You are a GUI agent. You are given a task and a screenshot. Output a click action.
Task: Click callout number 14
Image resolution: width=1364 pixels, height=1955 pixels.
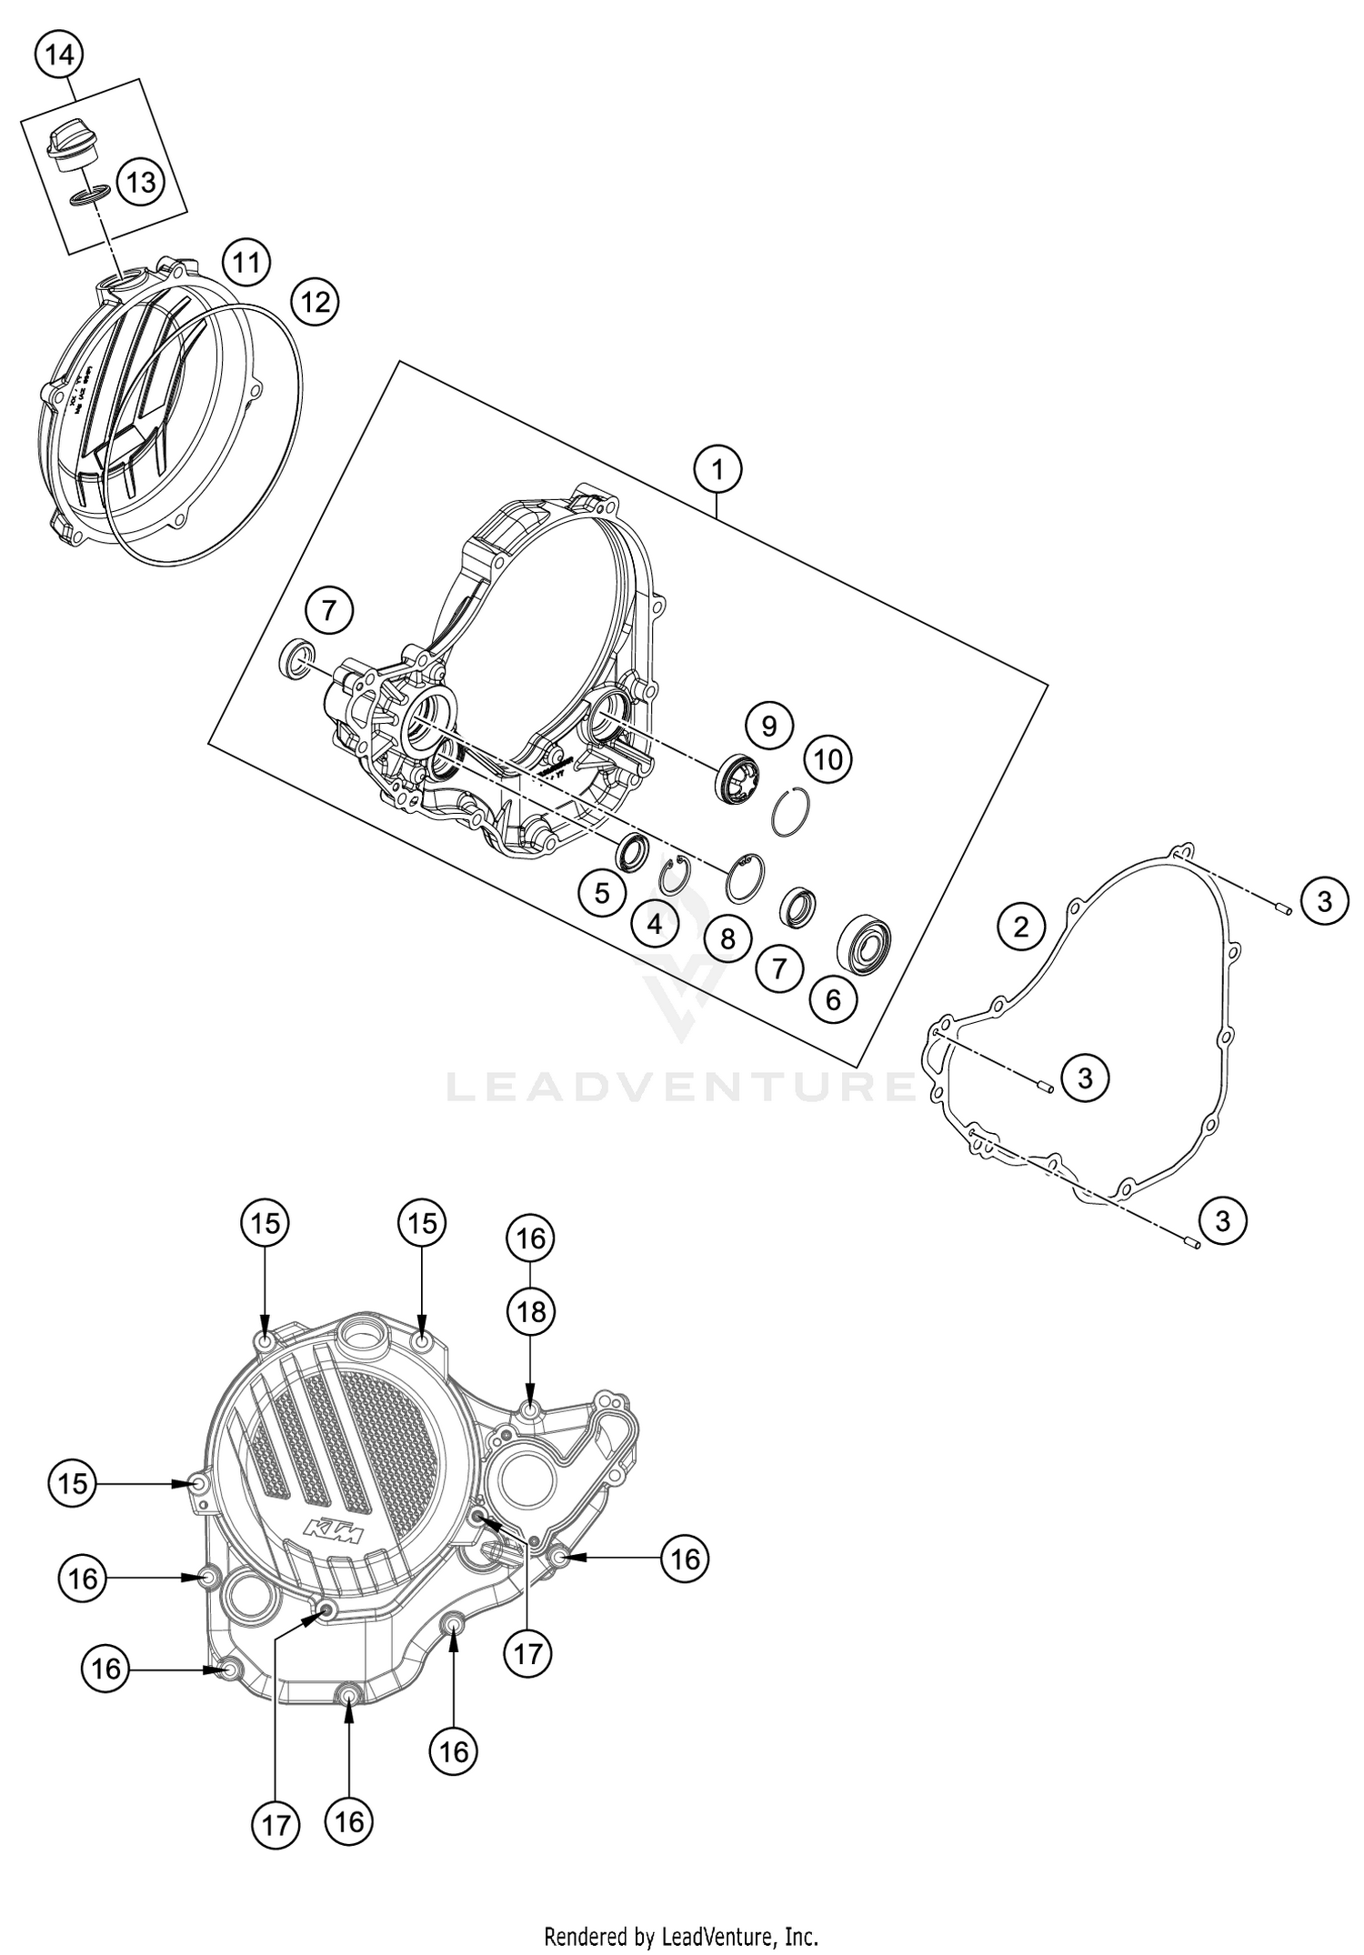(x=58, y=55)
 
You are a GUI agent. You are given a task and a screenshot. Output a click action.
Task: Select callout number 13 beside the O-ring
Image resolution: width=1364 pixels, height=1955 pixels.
(x=141, y=183)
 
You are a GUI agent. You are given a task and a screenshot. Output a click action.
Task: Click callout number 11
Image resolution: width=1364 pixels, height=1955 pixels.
(x=246, y=264)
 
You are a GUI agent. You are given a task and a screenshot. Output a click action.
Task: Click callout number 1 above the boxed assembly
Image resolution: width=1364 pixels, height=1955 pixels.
(x=717, y=470)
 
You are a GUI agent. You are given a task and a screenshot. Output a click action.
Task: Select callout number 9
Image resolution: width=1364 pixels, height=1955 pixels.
(x=768, y=726)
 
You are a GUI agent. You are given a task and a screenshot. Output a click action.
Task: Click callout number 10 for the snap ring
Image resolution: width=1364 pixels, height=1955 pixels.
(x=827, y=758)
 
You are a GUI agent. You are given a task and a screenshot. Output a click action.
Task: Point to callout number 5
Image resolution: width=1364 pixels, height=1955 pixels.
(x=602, y=893)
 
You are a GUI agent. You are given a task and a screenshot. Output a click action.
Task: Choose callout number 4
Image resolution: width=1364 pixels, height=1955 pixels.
(x=655, y=925)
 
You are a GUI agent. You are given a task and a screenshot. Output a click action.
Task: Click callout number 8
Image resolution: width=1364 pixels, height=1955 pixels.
(x=727, y=937)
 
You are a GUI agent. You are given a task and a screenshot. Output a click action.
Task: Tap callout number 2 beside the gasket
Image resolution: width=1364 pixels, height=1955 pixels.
(x=1021, y=927)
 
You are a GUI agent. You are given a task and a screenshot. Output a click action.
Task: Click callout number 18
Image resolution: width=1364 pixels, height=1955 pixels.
(x=531, y=1311)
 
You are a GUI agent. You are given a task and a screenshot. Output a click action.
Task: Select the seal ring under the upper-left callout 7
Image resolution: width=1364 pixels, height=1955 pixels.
(x=297, y=658)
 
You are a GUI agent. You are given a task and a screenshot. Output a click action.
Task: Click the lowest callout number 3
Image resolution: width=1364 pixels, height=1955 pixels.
(x=1222, y=1219)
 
